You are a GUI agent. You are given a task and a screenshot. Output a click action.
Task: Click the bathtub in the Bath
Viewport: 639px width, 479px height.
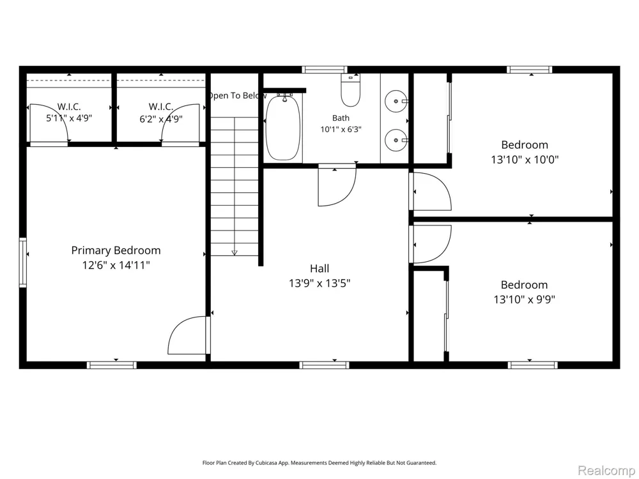283,128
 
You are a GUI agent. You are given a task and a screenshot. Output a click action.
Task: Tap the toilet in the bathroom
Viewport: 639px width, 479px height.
350,91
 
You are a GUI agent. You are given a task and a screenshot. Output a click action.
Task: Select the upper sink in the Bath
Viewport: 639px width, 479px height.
396,101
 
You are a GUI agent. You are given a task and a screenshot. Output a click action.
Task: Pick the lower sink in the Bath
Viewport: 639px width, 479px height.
396,140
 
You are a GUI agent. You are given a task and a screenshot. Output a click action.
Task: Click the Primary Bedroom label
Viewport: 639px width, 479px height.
116,250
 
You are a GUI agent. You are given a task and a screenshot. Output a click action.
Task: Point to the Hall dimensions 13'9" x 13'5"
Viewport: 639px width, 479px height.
320,283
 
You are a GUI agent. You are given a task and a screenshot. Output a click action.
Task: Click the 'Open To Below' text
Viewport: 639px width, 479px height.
237,96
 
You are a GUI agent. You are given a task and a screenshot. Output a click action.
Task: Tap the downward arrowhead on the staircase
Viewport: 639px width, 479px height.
235,252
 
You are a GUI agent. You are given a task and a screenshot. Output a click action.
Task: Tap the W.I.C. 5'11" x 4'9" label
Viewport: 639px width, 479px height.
69,112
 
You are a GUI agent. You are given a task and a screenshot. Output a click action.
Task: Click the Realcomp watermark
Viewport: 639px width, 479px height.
606,471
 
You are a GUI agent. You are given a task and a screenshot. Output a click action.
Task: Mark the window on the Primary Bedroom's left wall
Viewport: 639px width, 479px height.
23,262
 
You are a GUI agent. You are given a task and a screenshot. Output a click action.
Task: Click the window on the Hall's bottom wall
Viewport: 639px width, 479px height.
325,365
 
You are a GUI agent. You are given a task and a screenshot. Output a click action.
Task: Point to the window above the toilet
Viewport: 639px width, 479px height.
325,70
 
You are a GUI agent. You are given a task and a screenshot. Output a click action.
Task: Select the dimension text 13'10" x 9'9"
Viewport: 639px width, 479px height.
525,300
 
